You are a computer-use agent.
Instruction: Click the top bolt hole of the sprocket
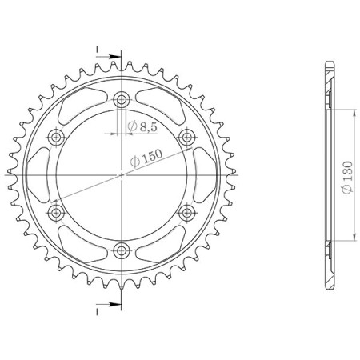coord(122,99)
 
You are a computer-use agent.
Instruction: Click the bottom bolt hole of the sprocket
coord(122,247)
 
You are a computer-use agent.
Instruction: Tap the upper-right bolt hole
coord(186,136)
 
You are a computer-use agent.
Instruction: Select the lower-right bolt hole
coord(186,210)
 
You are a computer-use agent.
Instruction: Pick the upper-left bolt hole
coord(57,136)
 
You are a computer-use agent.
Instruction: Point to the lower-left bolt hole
coord(57,210)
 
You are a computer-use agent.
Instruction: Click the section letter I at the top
coord(98,50)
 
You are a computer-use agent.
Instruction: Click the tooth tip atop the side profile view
coord(327,62)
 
